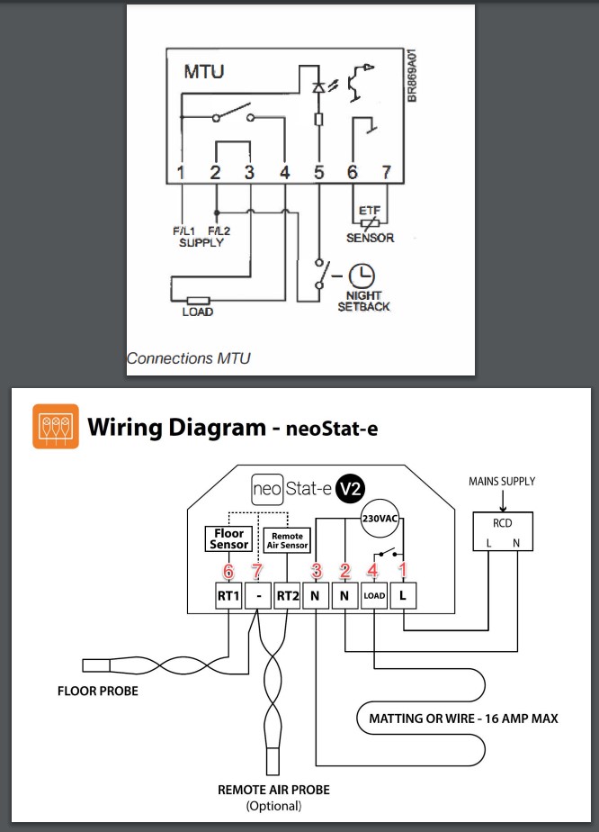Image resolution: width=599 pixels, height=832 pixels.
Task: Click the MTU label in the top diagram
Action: pos(204,70)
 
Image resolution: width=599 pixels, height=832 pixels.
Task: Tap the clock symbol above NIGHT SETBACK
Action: pos(361,276)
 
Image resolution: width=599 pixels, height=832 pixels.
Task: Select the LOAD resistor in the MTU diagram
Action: pos(197,299)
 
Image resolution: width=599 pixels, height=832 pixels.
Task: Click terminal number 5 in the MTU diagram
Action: pos(318,171)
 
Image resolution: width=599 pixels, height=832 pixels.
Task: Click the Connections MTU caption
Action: pos(188,358)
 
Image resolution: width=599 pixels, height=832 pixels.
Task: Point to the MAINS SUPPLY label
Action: pos(502,482)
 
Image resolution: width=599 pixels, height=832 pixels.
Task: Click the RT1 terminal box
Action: pos(228,595)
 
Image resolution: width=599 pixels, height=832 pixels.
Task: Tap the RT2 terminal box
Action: pos(287,595)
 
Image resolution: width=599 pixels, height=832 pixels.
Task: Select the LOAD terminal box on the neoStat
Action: pos(374,595)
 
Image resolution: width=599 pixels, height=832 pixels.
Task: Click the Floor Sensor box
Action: pos(228,539)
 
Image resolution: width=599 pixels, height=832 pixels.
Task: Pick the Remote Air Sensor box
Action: pos(286,539)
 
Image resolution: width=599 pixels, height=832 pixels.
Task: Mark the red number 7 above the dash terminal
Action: pos(258,572)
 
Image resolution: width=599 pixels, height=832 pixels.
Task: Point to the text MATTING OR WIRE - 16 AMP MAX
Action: pos(464,719)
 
